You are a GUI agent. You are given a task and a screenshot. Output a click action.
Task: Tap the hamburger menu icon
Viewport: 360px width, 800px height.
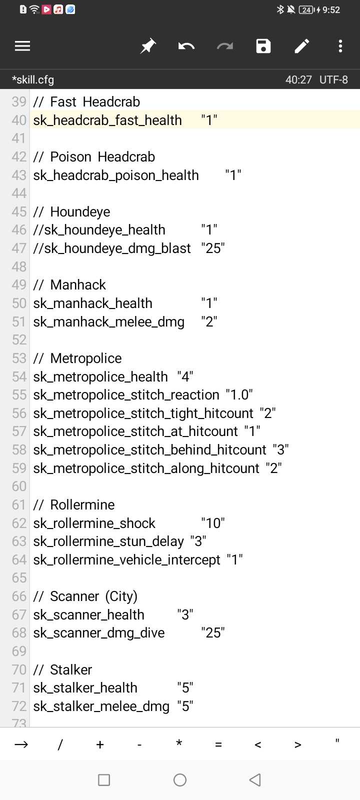[22, 46]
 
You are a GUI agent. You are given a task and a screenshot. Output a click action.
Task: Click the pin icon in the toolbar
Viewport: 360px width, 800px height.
[148, 46]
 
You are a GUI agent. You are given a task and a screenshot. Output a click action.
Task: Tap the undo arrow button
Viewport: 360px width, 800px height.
[186, 46]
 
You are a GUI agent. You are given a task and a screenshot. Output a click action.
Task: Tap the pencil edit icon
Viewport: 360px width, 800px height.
[302, 46]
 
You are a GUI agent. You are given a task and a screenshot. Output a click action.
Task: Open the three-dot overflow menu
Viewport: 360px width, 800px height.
[340, 46]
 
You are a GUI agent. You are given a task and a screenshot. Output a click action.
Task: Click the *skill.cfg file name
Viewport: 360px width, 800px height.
[33, 79]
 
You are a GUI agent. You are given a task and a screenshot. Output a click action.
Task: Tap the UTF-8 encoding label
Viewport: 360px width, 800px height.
[333, 79]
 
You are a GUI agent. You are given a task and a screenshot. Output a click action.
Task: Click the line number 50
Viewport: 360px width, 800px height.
[19, 303]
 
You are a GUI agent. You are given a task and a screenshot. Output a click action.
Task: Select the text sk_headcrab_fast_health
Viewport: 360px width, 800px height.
[107, 120]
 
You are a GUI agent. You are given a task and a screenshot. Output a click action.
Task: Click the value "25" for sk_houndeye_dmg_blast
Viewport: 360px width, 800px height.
[213, 248]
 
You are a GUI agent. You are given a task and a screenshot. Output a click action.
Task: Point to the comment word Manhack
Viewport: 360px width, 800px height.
[78, 284]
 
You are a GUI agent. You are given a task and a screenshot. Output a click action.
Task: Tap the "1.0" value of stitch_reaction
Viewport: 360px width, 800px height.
[239, 394]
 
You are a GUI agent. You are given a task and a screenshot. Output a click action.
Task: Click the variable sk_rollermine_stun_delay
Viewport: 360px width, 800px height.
[108, 541]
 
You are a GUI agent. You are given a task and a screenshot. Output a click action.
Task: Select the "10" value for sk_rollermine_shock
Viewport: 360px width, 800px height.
[213, 523]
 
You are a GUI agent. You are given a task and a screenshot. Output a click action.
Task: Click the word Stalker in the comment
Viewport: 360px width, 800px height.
[71, 669]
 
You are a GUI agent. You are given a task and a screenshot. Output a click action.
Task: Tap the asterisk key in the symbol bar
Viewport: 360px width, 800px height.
[179, 744]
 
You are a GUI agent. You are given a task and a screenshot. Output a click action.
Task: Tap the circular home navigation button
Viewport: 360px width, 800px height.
[180, 780]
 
